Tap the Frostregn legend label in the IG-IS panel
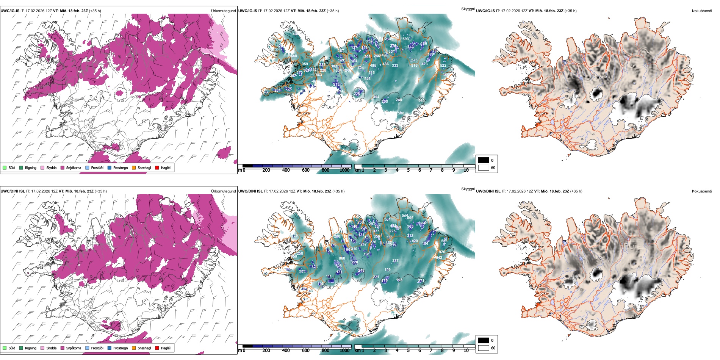[121, 167]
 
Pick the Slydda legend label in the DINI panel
[52, 348]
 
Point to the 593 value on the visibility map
[405, 39]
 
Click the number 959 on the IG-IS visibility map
[305, 64]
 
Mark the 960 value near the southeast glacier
[421, 101]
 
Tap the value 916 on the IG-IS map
[414, 66]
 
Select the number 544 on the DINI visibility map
[405, 216]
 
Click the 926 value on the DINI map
[442, 252]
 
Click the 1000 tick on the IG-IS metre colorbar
[344, 170]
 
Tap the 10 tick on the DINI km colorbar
[466, 351]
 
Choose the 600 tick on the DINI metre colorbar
[305, 351]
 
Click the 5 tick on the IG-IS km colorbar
[408, 170]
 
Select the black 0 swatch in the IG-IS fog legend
[484, 160]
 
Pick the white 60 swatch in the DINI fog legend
[484, 348]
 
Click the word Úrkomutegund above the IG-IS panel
[223, 11]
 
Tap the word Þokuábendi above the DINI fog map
[702, 191]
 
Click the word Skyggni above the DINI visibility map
[468, 189]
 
